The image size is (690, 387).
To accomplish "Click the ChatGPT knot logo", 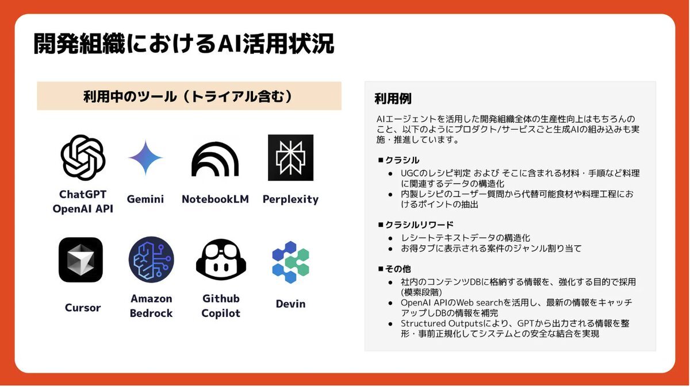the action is (83, 157).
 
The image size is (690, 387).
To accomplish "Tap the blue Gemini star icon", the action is (145, 157).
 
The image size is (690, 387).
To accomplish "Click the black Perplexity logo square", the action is (290, 157).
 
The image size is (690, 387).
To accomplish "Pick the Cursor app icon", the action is (80, 260).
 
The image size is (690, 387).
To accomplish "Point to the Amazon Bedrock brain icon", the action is (151, 260).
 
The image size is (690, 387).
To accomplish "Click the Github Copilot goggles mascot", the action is (221, 260).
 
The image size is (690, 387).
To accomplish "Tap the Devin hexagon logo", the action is (290, 262).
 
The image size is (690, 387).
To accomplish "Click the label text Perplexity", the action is (290, 199).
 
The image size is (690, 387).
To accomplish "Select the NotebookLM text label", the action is (215, 199).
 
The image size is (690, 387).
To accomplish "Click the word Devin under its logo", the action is (290, 304).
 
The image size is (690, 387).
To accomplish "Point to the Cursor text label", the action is (83, 308).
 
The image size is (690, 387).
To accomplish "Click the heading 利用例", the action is (393, 99).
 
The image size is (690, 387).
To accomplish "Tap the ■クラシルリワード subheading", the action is (416, 225).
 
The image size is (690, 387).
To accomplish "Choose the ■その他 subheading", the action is (394, 269).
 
